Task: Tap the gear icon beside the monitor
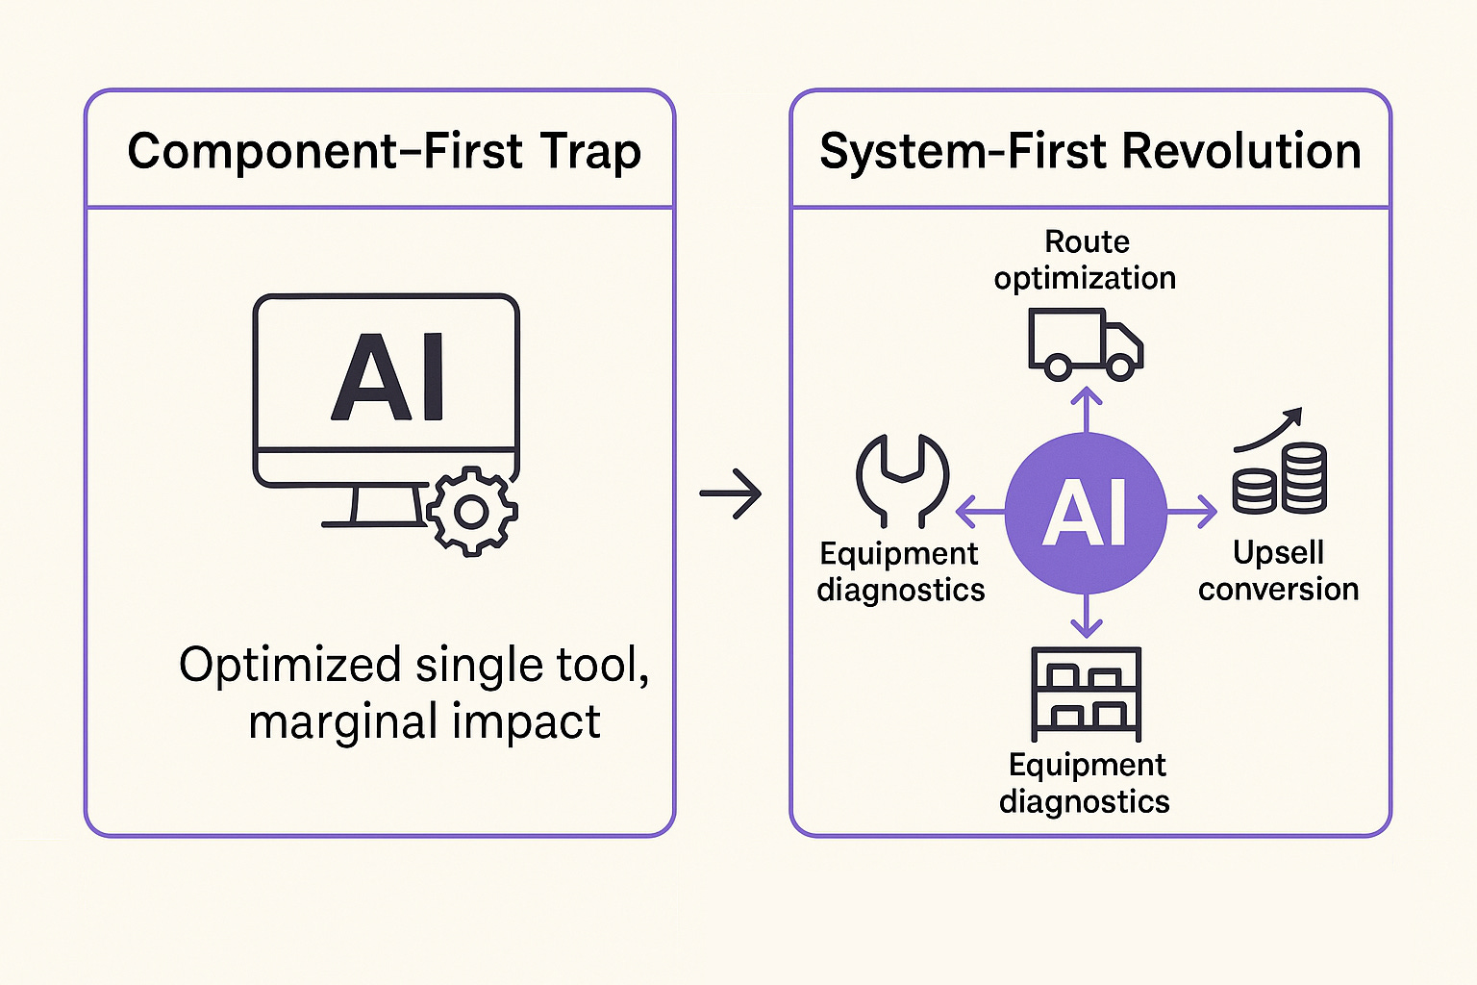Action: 471,512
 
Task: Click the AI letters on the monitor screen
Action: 388,378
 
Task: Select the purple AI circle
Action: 1086,513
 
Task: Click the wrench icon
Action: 902,478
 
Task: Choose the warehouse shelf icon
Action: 1086,692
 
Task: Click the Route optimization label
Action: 1086,260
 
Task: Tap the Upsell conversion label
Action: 1278,570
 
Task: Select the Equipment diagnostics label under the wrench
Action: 900,571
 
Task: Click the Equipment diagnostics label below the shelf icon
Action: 1086,783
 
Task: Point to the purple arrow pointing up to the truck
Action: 1086,408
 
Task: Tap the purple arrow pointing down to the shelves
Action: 1086,618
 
